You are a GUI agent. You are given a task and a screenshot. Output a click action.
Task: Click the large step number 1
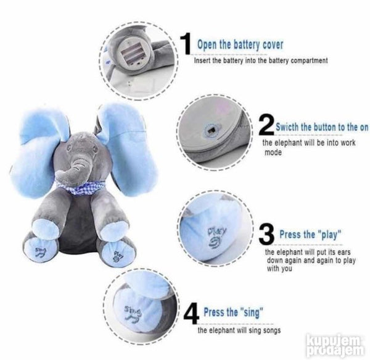tap(186, 44)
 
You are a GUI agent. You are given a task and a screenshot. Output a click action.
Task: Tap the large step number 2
tap(266, 125)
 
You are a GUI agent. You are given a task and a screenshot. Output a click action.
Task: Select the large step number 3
tap(266, 234)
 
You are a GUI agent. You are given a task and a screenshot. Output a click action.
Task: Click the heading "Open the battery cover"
tap(240, 44)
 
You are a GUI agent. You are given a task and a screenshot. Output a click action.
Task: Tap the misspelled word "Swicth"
tap(287, 127)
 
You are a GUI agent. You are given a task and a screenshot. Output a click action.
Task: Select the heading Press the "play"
tap(310, 235)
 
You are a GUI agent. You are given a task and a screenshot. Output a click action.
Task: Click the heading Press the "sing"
tap(233, 312)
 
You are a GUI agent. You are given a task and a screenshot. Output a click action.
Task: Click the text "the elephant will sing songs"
tap(239, 330)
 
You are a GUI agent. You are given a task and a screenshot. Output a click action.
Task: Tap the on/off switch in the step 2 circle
tap(211, 130)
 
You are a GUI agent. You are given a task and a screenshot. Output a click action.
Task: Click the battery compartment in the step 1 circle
tap(133, 53)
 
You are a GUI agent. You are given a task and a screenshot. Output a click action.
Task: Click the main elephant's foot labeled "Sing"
tap(42, 250)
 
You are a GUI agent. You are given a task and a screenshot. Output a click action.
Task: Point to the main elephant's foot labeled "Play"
tap(117, 254)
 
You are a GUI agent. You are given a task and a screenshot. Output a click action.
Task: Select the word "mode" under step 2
tap(273, 153)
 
